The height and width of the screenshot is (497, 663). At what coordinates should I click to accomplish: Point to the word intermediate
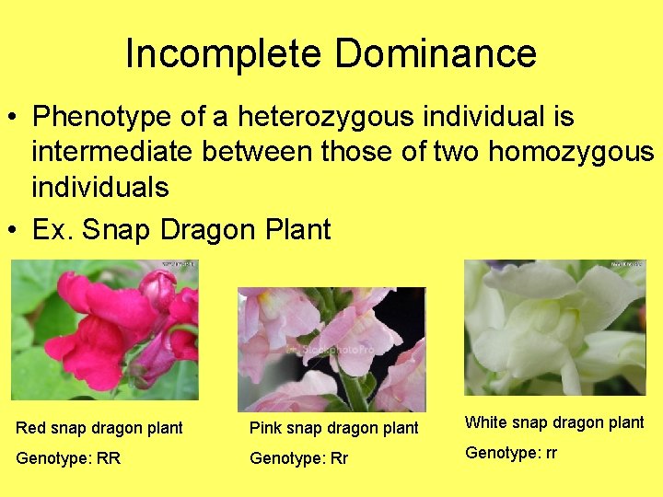110,152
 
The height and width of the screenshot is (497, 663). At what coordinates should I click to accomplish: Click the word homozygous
571,152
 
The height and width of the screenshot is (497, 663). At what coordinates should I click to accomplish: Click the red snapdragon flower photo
105,329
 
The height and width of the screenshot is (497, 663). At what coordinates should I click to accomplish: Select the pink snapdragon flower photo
331,349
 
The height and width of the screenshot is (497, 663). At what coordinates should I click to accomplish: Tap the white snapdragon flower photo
555,327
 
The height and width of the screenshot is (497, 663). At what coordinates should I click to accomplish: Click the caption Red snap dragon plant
99,428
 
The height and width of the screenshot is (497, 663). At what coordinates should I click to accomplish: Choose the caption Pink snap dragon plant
334,428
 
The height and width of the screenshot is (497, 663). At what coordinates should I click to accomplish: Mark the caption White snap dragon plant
554,422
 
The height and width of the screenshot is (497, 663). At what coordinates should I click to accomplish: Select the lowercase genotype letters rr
548,453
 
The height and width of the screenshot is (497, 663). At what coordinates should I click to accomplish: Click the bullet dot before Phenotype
15,118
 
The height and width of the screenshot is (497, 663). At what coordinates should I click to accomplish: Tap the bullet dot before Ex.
15,230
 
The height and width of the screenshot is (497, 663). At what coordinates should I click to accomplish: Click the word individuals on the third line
100,188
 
